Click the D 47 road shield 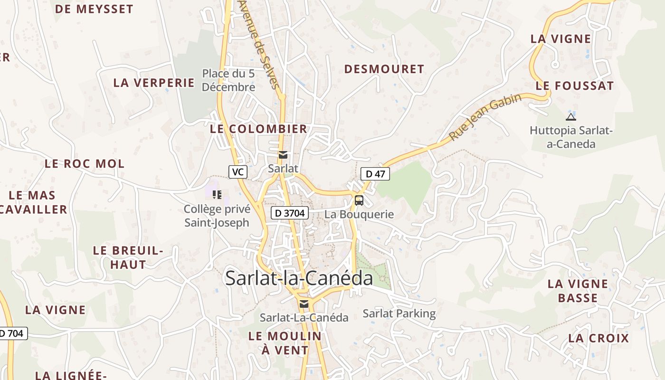pyautogui.click(x=375, y=174)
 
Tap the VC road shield pyautogui.click(x=237, y=172)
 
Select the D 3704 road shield pyautogui.click(x=290, y=213)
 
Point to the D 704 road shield pyautogui.click(x=12, y=333)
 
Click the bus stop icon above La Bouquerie pyautogui.click(x=359, y=200)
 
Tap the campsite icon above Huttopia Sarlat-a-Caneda pyautogui.click(x=571, y=117)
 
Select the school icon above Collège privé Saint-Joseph pyautogui.click(x=217, y=194)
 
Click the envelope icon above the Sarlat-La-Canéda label pyautogui.click(x=304, y=304)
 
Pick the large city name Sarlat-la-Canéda pyautogui.click(x=299, y=278)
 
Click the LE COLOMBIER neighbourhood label pyautogui.click(x=258, y=129)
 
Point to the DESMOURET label pyautogui.click(x=384, y=69)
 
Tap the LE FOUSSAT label pyautogui.click(x=575, y=86)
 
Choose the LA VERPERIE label pyautogui.click(x=154, y=83)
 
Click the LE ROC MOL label pyautogui.click(x=85, y=164)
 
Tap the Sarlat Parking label pyautogui.click(x=399, y=313)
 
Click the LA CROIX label pyautogui.click(x=598, y=339)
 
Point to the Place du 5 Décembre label pyautogui.click(x=228, y=80)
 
